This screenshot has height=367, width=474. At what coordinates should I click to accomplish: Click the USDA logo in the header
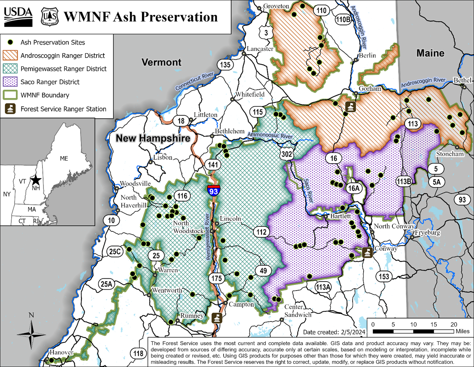point(18,17)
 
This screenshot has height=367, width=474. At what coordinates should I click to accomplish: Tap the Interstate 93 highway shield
point(213,191)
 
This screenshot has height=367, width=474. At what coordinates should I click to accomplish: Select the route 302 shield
point(287,154)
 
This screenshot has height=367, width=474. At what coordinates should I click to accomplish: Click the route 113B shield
point(404,181)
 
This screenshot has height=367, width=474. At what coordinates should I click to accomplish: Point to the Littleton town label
point(206,115)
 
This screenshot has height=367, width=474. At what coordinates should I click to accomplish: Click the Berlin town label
point(367,55)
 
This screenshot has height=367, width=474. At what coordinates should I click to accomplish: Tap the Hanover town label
point(61,352)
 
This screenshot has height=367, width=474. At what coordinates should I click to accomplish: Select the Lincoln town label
point(230,219)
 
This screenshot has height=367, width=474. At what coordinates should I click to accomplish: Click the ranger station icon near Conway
point(367,252)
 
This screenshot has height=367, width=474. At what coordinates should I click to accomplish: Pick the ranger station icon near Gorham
point(350,107)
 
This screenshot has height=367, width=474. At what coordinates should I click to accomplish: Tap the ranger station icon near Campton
point(217,318)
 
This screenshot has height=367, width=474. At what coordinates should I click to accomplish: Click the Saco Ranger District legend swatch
point(10,82)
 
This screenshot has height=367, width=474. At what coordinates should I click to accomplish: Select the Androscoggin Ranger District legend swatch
point(10,55)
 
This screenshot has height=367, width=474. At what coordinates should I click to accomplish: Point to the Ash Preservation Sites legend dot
point(10,42)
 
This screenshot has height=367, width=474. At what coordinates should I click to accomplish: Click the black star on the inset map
point(36,180)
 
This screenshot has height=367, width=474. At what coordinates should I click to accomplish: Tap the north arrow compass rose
point(31,334)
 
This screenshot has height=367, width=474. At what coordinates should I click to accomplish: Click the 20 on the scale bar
point(453,324)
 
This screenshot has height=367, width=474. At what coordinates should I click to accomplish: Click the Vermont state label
point(161,62)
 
